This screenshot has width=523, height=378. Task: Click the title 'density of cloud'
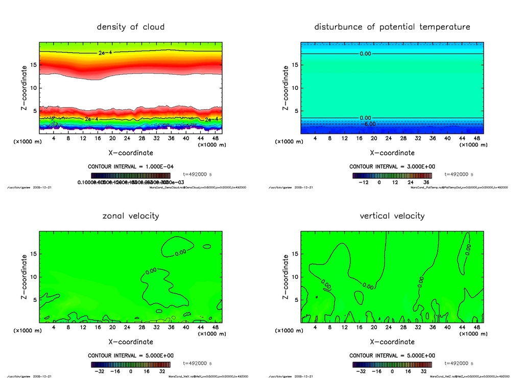[131, 27]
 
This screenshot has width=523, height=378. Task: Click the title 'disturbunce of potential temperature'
[392, 27]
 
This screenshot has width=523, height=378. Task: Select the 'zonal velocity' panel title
[131, 216]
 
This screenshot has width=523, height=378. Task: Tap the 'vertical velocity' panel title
[392, 216]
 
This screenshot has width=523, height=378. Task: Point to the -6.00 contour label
[368, 124]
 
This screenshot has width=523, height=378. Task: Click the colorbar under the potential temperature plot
[392, 175]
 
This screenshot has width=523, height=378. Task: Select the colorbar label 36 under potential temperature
[425, 182]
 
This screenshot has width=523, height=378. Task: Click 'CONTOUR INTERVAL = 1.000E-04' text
[131, 167]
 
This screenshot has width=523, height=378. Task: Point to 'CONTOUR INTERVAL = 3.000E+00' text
[392, 167]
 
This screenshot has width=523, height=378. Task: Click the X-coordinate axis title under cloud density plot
[131, 153]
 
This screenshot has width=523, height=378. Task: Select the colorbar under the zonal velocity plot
[131, 365]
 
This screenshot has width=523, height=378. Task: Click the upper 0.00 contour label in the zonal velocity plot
[180, 252]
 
